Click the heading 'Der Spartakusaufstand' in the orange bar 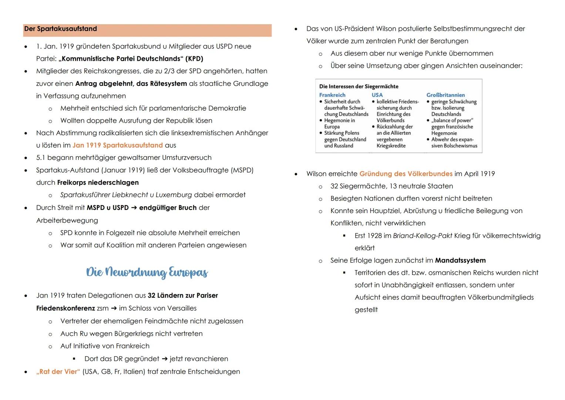pyautogui.click(x=60, y=29)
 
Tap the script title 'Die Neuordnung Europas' pyautogui.click(x=147, y=272)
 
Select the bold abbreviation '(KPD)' pyautogui.click(x=194, y=59)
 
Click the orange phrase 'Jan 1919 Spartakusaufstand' pyautogui.click(x=117, y=145)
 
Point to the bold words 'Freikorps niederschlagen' pyautogui.click(x=98, y=183)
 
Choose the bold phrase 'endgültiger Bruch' pyautogui.click(x=168, y=208)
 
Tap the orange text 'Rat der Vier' pyautogui.click(x=58, y=371)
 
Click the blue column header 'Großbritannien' pyautogui.click(x=445, y=95)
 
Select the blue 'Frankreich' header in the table pyautogui.click(x=332, y=95)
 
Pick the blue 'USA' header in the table pyautogui.click(x=377, y=95)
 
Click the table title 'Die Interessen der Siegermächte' pyautogui.click(x=359, y=86)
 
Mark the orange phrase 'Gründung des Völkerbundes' pyautogui.click(x=406, y=174)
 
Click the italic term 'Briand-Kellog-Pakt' pyautogui.click(x=422, y=236)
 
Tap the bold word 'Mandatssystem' pyautogui.click(x=460, y=260)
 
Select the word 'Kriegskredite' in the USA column pyautogui.click(x=391, y=146)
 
